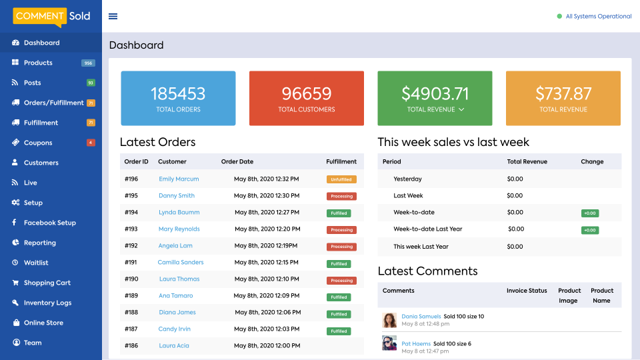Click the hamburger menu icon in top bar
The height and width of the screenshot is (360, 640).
pyautogui.click(x=113, y=17)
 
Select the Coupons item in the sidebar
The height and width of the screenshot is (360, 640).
pyautogui.click(x=38, y=143)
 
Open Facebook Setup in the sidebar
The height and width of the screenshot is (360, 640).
pyautogui.click(x=49, y=223)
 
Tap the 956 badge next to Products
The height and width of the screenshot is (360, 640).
pyautogui.click(x=88, y=63)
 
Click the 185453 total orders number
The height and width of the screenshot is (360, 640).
pyautogui.click(x=178, y=93)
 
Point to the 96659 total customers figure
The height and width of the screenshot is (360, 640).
pyautogui.click(x=307, y=93)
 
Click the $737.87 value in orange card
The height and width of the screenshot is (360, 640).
pyautogui.click(x=563, y=93)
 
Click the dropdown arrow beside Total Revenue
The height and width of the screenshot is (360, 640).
pyautogui.click(x=461, y=109)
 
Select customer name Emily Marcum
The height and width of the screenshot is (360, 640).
pyautogui.click(x=179, y=179)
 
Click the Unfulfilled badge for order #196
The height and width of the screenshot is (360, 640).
pyautogui.click(x=341, y=179)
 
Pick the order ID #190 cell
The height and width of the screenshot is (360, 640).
pyautogui.click(x=131, y=279)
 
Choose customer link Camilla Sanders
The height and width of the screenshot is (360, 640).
pyautogui.click(x=181, y=262)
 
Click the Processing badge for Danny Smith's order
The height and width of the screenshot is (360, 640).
pyautogui.click(x=341, y=196)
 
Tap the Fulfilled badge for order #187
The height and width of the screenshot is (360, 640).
pyautogui.click(x=339, y=331)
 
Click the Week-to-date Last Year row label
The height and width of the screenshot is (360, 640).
pyautogui.click(x=427, y=229)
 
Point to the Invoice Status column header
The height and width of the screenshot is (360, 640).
pyautogui.click(x=527, y=291)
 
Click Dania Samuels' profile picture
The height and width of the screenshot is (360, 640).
pyautogui.click(x=389, y=320)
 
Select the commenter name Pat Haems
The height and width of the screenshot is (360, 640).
pyautogui.click(x=415, y=343)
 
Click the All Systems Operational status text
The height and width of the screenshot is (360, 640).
pyautogui.click(x=598, y=17)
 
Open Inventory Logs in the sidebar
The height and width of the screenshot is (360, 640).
pyautogui.click(x=47, y=303)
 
